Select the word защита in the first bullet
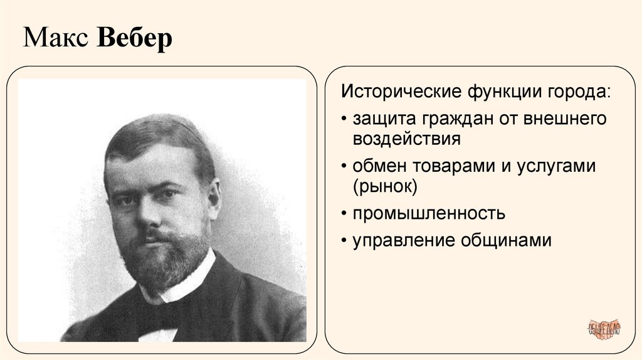coord(382,118)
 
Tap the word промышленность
coord(428,213)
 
